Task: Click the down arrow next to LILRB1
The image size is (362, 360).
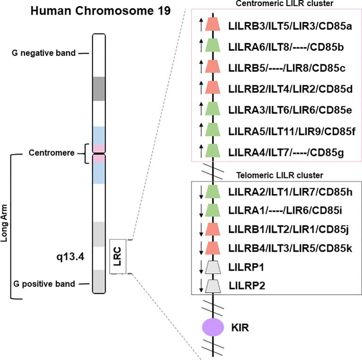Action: point(201,230)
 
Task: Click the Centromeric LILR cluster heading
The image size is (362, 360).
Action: point(278,4)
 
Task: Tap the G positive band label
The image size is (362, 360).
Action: point(48,284)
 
